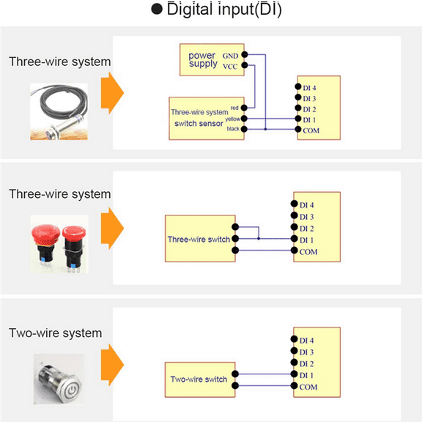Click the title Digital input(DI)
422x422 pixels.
click(x=215, y=10)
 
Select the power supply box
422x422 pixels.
click(x=211, y=59)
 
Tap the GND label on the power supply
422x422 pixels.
click(x=230, y=54)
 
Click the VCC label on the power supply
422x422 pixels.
click(x=230, y=65)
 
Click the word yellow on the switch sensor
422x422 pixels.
click(x=232, y=118)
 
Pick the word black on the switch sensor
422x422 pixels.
click(x=233, y=129)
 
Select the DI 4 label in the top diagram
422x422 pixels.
click(x=309, y=88)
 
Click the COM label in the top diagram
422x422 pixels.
click(x=311, y=130)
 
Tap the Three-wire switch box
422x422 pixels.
click(x=199, y=239)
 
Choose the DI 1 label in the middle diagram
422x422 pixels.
click(x=308, y=240)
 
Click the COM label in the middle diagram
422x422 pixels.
click(x=308, y=251)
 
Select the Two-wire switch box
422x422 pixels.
click(x=199, y=380)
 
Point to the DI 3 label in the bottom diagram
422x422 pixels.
click(x=308, y=352)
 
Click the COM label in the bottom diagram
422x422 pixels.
click(x=308, y=387)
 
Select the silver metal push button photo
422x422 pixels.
click(x=59, y=379)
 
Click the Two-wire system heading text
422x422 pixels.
click(x=55, y=333)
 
